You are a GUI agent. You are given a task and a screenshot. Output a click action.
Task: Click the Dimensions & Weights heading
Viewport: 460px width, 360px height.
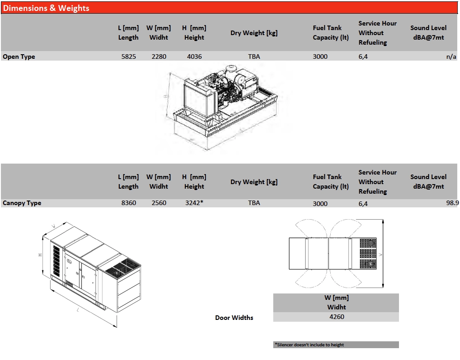(46, 8)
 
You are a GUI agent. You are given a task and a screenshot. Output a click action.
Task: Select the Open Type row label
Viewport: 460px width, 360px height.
(19, 57)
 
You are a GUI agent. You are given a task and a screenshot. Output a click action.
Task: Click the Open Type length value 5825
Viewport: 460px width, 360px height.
(128, 57)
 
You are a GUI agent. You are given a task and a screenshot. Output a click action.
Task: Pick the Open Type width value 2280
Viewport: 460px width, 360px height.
(158, 57)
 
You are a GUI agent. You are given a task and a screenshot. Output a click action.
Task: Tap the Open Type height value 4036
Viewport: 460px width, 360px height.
(194, 57)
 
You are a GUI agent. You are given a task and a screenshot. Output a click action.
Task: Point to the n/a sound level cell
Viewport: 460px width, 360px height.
(451, 57)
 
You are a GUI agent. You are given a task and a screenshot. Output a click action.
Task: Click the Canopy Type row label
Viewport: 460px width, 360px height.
(22, 203)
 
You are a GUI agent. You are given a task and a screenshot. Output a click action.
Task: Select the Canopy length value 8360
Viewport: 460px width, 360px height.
(128, 203)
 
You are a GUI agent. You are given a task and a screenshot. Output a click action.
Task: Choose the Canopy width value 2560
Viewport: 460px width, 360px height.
(158, 203)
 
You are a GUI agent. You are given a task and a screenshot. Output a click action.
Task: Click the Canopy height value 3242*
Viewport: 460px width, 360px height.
(194, 203)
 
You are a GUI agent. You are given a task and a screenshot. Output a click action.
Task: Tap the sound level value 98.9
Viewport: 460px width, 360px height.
(452, 203)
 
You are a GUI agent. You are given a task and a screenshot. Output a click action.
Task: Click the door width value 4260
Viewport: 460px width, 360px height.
(337, 317)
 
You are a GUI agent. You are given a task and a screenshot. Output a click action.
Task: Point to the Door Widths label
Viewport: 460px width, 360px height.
(234, 318)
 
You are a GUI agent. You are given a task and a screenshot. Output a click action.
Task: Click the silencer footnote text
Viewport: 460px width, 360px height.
(309, 345)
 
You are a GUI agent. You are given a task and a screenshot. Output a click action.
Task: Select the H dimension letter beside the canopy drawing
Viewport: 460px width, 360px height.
(40, 255)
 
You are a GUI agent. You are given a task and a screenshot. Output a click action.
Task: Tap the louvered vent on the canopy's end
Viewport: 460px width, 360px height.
(56, 261)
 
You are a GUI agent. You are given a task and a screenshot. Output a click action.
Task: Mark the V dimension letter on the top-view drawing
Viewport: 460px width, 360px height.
(380, 255)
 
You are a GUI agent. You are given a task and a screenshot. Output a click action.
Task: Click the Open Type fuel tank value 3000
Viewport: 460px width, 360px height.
(320, 57)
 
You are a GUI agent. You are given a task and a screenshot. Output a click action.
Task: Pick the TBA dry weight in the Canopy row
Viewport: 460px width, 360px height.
(254, 203)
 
